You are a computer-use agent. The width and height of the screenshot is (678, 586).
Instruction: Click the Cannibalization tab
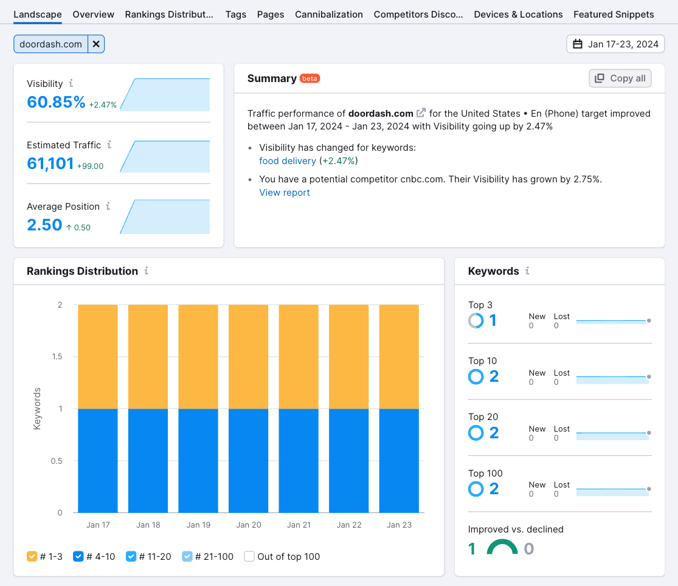click(328, 14)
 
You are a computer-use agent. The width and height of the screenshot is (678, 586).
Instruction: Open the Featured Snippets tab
click(614, 14)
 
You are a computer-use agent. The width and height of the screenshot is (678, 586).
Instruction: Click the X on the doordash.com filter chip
click(96, 44)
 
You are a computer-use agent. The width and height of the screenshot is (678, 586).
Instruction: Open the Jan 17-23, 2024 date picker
click(615, 44)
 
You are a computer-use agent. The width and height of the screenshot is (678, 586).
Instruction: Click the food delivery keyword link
click(287, 161)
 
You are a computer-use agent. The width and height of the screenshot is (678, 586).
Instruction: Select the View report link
click(285, 193)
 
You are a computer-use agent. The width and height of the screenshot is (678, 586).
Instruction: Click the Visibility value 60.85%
click(56, 102)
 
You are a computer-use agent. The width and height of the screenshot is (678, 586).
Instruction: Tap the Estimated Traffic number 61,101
click(50, 164)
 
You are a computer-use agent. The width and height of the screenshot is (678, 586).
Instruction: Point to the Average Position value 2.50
click(44, 225)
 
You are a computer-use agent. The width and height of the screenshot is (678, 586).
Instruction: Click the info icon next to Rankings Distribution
click(147, 271)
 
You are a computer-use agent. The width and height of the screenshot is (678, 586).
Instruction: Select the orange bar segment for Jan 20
click(248, 356)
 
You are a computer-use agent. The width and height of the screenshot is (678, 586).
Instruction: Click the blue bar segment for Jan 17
click(98, 460)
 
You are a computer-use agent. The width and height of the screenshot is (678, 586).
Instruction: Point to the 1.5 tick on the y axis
click(57, 357)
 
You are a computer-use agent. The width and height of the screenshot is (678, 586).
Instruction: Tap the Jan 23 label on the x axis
click(399, 525)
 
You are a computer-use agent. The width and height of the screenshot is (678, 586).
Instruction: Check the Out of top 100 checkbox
click(249, 556)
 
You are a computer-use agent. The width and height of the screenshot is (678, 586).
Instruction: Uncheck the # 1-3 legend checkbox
click(32, 556)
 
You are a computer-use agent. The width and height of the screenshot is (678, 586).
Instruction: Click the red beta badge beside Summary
click(310, 78)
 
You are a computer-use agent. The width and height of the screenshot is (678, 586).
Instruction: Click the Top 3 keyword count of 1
click(493, 320)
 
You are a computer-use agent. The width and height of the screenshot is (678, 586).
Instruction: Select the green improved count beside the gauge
click(472, 549)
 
